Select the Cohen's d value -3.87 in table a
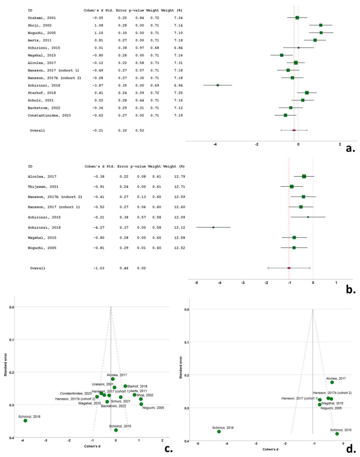pos(99,85)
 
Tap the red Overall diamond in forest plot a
pos(294,130)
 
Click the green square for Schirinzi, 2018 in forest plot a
pos(218,85)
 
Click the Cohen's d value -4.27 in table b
pos(99,227)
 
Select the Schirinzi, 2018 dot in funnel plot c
pos(25,421)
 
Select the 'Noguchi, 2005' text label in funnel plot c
pos(153,408)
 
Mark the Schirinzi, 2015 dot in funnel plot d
pos(337,434)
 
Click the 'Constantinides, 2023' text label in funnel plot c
pos(76,393)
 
